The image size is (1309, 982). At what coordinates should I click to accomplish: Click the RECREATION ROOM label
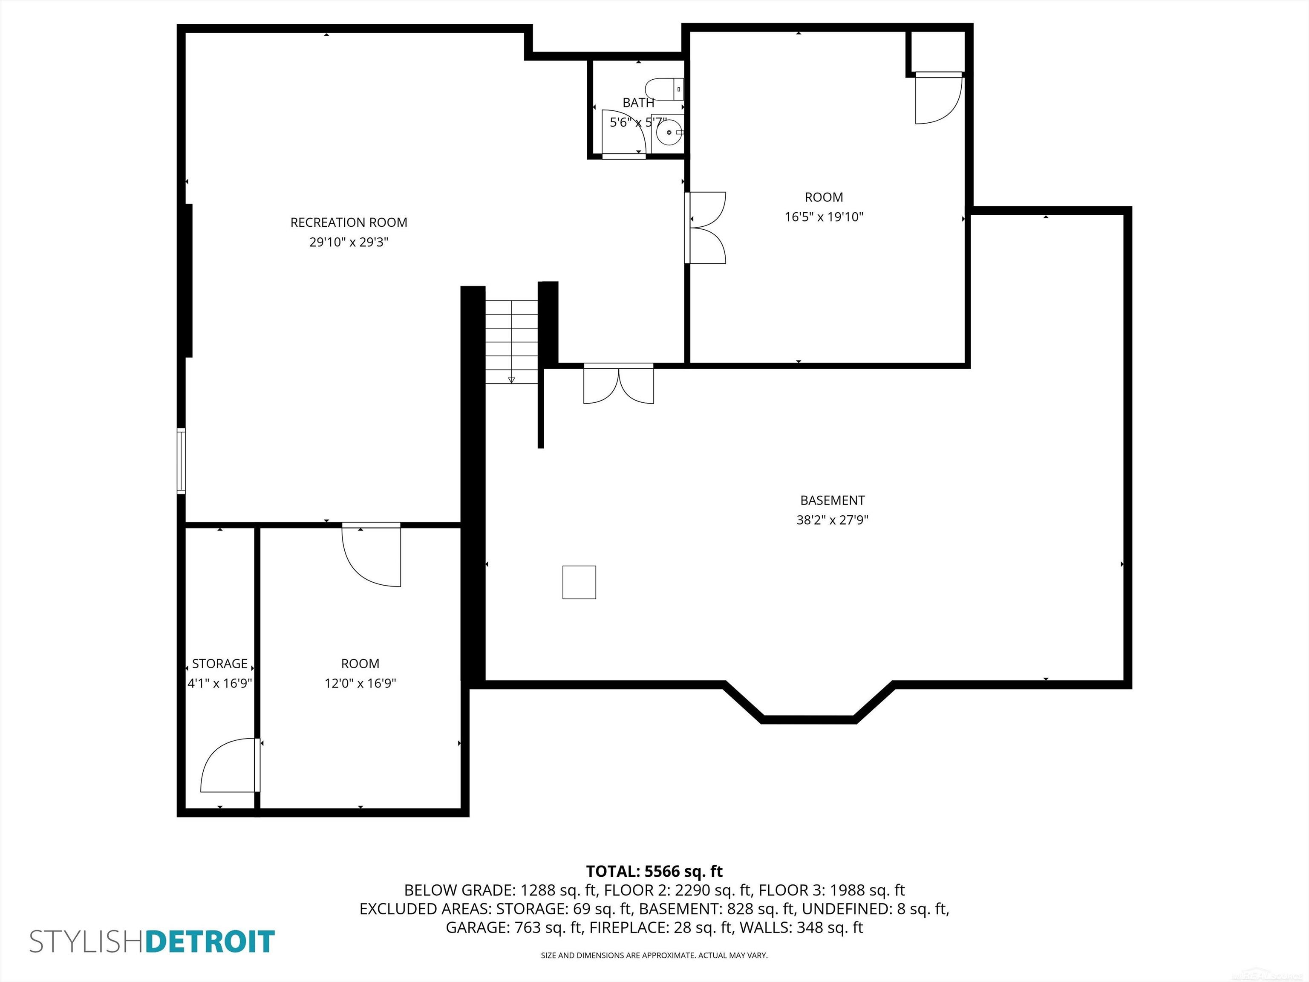[349, 222]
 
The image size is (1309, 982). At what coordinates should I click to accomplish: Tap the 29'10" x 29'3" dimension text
[349, 242]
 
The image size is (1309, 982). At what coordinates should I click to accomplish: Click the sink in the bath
[669, 133]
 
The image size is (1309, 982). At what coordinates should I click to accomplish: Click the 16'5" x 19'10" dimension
[824, 217]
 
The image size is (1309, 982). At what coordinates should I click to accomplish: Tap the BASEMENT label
[832, 500]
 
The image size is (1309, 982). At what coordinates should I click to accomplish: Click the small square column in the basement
[579, 583]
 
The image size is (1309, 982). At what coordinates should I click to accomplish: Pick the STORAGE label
[219, 664]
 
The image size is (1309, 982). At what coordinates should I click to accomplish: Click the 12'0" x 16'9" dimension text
[360, 683]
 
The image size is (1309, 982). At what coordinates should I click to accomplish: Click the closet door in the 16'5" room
[938, 98]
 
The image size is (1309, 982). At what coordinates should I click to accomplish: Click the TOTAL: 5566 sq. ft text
[654, 871]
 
